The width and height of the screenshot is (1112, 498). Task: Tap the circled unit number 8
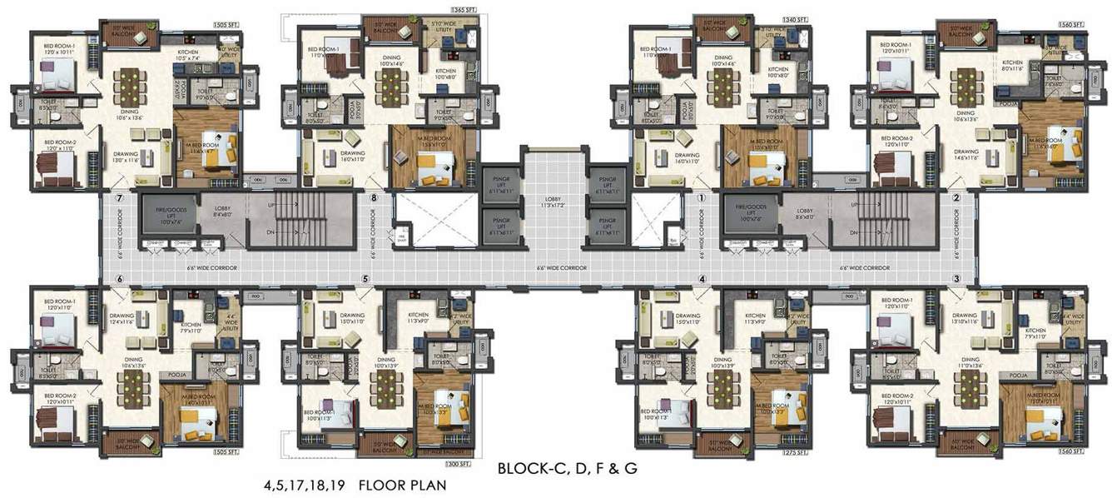pos(374,198)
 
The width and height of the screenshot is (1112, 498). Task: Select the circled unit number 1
pos(702,198)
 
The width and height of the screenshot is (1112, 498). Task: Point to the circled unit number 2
pos(956,198)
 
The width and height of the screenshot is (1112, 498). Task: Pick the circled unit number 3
pos(956,278)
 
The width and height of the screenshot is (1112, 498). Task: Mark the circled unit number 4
pos(702,279)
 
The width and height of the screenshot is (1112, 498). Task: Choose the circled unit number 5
pos(365,279)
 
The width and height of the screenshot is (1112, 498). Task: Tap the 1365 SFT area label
pos(464,8)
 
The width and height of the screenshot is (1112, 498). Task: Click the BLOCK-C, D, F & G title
pos(567,468)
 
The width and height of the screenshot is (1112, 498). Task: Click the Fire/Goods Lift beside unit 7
pos(169,216)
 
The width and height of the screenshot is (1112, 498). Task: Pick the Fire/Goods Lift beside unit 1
pos(750,216)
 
